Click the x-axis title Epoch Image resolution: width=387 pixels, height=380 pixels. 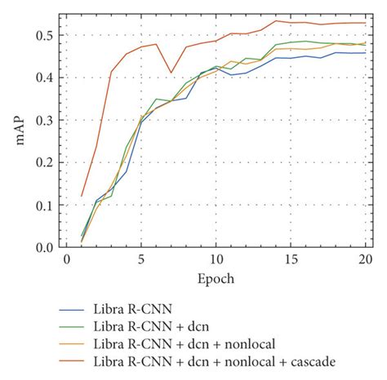216,278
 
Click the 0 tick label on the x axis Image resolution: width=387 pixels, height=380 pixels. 67,259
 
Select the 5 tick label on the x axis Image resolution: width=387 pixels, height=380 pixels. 141,259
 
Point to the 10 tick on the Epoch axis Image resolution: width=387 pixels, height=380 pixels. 216,259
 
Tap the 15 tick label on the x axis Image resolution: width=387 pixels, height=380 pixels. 291,259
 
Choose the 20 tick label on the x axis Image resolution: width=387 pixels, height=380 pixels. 365,259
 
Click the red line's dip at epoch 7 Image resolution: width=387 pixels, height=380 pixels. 171,73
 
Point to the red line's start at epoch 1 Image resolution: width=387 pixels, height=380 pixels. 82,195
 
